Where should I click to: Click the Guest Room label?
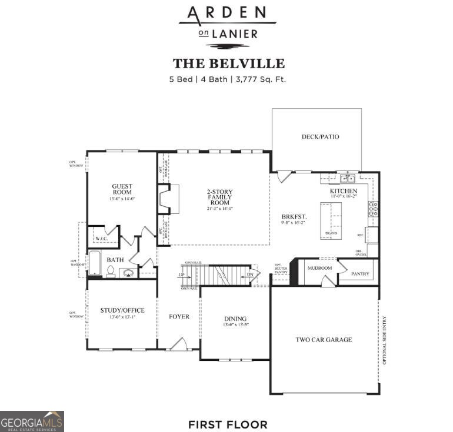[122, 189]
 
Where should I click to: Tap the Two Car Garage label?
[324, 340]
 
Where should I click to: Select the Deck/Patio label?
[320, 137]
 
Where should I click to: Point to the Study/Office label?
[122, 310]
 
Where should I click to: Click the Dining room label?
[235, 319]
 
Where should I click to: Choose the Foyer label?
[179, 317]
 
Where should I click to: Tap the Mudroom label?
[319, 268]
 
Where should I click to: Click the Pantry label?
[360, 274]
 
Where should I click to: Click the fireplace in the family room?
[168, 199]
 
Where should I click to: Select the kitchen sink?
[347, 179]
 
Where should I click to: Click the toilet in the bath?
[111, 271]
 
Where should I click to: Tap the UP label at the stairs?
[181, 275]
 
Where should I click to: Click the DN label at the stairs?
[249, 274]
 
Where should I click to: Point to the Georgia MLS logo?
[32, 421]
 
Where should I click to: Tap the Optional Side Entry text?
[384, 340]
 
